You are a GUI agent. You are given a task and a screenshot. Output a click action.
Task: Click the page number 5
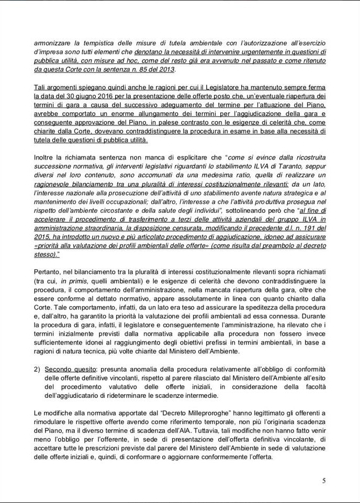point(324,481)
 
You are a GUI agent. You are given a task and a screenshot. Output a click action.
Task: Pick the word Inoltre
point(46,158)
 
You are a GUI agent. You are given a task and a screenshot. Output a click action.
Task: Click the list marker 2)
point(37,369)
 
